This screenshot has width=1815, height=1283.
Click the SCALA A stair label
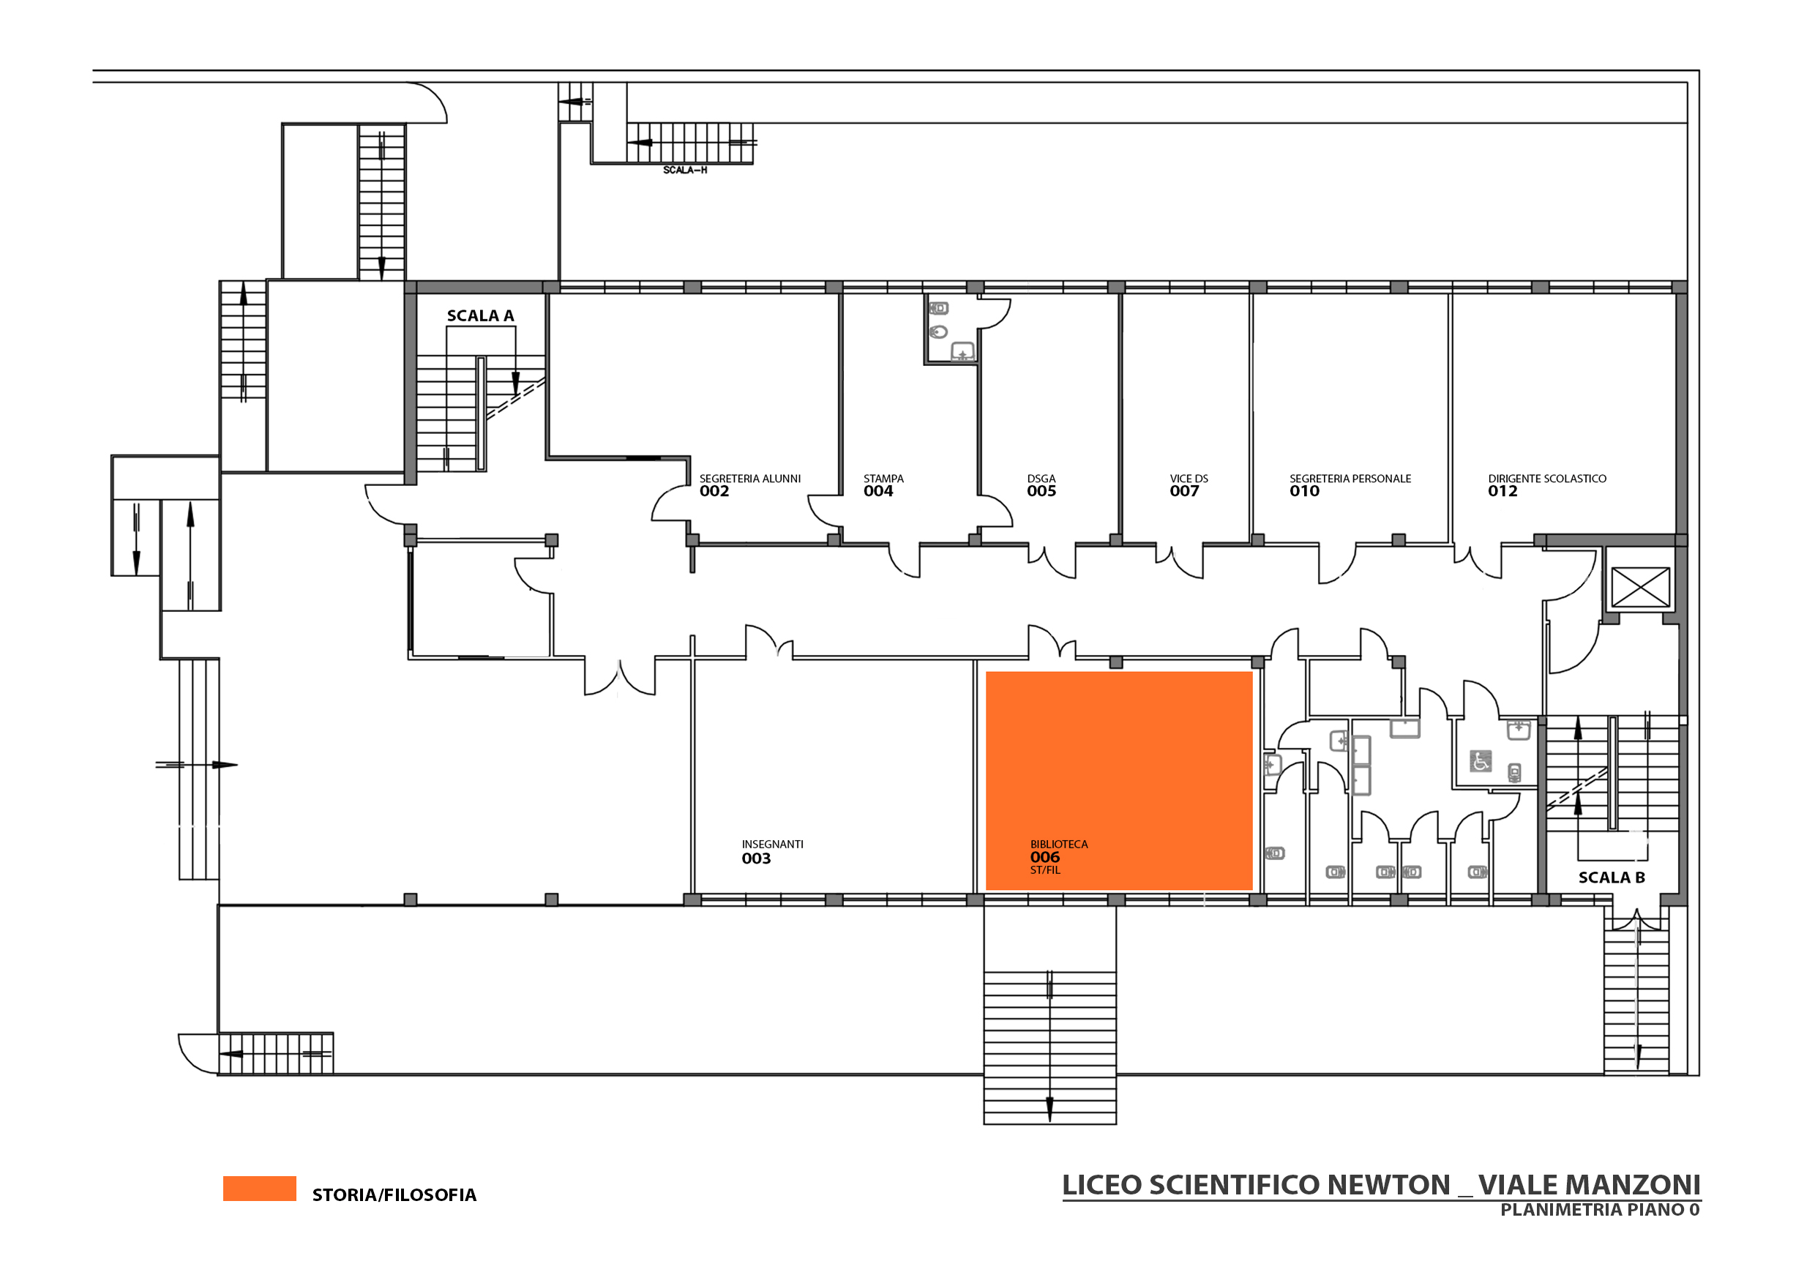[481, 315]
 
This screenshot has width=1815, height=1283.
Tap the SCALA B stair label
[1611, 878]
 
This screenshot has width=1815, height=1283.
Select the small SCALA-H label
[684, 170]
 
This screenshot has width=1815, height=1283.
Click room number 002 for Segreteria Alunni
[714, 491]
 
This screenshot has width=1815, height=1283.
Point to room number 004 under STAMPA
[878, 491]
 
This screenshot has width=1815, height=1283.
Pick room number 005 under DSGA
[1042, 491]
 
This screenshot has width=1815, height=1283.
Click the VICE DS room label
[1189, 478]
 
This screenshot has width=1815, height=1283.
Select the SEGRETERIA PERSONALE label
[1350, 478]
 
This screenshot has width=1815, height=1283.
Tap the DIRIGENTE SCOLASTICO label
[1547, 478]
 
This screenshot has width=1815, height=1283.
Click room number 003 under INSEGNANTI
[756, 859]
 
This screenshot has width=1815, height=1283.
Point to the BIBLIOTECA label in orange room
[1058, 845]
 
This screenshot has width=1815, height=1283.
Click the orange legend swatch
[259, 1188]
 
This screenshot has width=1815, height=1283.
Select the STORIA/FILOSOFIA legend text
[394, 1194]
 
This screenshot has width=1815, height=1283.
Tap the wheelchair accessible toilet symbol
[1480, 761]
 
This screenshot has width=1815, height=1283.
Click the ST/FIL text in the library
[1045, 870]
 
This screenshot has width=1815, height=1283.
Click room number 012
[1502, 491]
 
